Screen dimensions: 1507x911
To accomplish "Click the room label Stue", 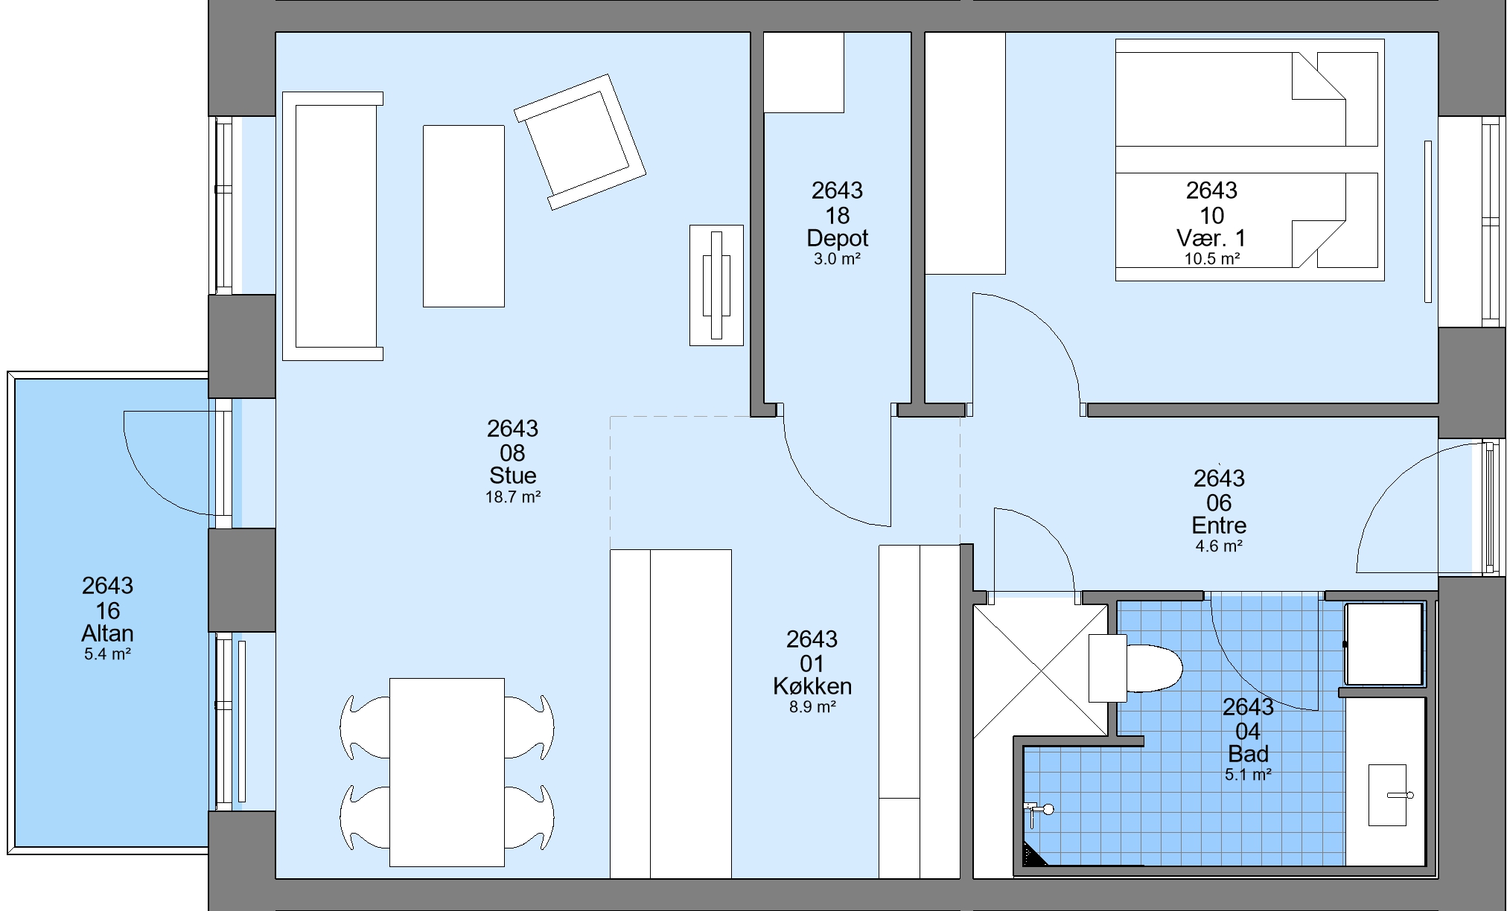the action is [513, 475].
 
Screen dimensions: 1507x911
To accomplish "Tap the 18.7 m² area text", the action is [513, 497].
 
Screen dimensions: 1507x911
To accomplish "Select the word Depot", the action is [838, 238].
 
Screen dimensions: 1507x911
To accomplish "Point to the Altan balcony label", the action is [108, 633].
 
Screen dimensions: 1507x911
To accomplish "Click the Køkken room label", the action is [812, 685].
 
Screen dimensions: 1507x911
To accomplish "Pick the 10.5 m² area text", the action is [1212, 259].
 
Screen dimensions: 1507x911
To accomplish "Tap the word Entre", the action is [1219, 525].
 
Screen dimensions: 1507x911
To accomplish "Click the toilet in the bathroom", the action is [1135, 668].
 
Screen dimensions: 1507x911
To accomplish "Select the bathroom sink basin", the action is [1388, 795].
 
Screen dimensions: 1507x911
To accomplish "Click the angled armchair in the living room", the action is [580, 141].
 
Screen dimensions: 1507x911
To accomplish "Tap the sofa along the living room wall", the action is [332, 226].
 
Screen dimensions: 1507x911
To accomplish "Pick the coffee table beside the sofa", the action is [464, 216].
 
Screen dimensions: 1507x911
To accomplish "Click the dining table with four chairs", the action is [447, 772].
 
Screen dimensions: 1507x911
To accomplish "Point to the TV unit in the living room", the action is [716, 285].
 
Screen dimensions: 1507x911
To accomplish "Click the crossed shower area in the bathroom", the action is [1040, 670].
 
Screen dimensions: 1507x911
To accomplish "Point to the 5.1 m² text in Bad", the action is [1248, 775].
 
